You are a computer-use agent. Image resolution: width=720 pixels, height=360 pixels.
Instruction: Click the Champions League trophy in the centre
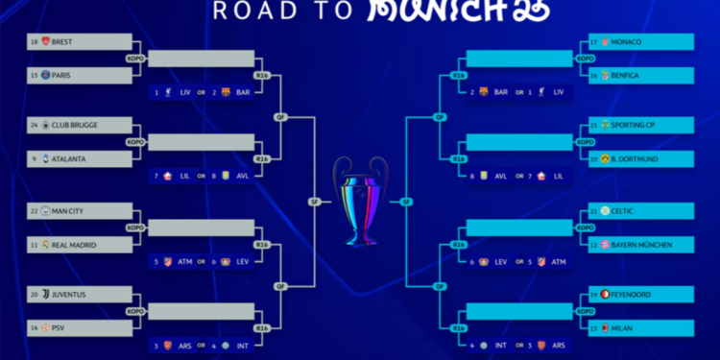[x=360, y=201]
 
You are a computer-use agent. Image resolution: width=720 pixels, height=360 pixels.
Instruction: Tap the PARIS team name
[x=62, y=75]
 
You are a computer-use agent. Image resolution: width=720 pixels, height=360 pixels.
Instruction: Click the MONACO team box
[x=640, y=42]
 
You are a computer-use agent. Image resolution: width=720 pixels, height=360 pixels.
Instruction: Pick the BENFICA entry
[x=640, y=75]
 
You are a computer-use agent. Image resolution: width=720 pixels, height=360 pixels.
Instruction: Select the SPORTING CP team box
[x=640, y=125]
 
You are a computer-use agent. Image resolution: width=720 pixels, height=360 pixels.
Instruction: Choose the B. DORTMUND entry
[x=640, y=158]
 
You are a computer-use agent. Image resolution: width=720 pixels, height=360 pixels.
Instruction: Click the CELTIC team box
[x=640, y=211]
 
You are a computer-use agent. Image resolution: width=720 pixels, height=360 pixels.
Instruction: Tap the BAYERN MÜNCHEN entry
[x=640, y=245]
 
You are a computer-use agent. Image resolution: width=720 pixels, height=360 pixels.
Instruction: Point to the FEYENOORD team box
[x=640, y=295]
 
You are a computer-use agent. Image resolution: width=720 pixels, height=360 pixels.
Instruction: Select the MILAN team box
[x=640, y=328]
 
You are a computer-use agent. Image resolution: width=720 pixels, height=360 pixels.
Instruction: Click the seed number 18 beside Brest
[x=35, y=42]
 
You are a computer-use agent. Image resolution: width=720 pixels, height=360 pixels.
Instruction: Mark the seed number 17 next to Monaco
[x=594, y=42]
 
